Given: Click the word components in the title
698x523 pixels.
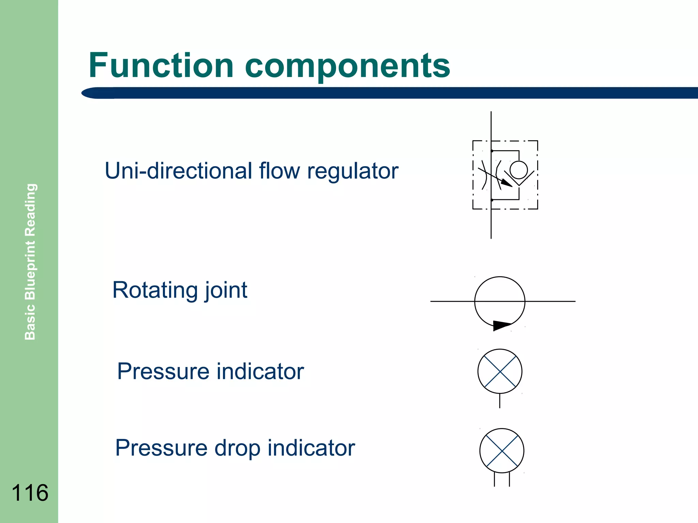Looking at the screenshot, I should click(x=347, y=65).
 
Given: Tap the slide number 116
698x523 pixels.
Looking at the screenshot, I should click(x=30, y=493).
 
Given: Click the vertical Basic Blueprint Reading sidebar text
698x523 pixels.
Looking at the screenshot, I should click(x=30, y=261).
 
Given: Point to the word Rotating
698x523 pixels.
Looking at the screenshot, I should click(x=155, y=290).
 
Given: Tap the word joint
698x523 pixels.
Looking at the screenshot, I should click(x=226, y=290).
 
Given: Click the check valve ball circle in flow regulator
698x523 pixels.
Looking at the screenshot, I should click(x=519, y=170).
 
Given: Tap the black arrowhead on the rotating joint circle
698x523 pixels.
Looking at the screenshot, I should click(x=501, y=325).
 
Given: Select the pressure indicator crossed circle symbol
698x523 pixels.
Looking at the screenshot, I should click(x=500, y=371).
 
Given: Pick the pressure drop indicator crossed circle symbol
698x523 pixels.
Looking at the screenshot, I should click(x=502, y=450).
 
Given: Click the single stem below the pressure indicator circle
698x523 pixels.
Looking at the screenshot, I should click(x=500, y=401).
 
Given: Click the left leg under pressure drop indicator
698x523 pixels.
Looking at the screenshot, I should click(x=494, y=479).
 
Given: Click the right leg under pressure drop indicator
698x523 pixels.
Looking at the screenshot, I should click(x=509, y=479).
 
